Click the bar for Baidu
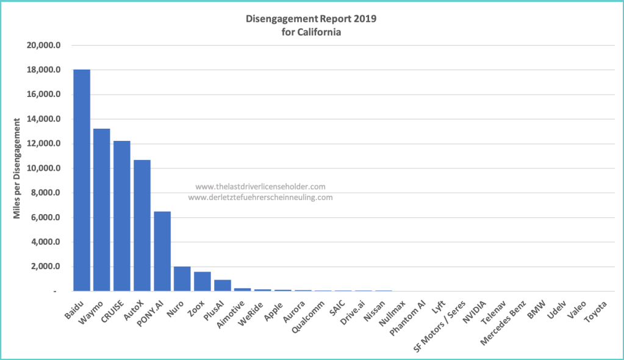tap(82, 181)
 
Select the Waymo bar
tap(101, 211)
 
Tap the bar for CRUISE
tap(122, 217)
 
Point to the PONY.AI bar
tap(162, 251)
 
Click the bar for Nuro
tap(182, 279)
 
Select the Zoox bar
tap(203, 282)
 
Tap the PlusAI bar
tap(223, 286)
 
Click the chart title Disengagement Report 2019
tap(311, 19)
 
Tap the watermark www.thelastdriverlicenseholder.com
tap(260, 187)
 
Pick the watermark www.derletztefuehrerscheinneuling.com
tap(260, 198)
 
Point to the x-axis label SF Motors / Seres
tap(441, 326)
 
